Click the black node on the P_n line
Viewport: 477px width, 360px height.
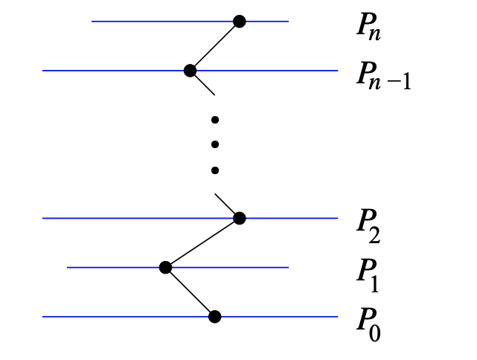coord(239,22)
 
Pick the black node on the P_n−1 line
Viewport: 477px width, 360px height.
coord(190,71)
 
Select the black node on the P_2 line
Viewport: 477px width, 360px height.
coord(239,218)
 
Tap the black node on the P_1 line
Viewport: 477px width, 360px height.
coord(165,267)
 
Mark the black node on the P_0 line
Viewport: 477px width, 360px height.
coord(214,317)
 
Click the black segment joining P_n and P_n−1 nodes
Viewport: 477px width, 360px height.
coord(214,46)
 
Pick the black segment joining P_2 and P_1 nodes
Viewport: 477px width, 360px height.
coord(202,242)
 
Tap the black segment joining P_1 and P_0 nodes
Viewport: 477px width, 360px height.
coord(190,292)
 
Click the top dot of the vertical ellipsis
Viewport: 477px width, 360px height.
coord(214,120)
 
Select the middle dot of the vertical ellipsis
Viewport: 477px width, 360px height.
coord(214,144)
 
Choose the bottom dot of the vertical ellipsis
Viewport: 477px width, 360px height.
coord(214,170)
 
